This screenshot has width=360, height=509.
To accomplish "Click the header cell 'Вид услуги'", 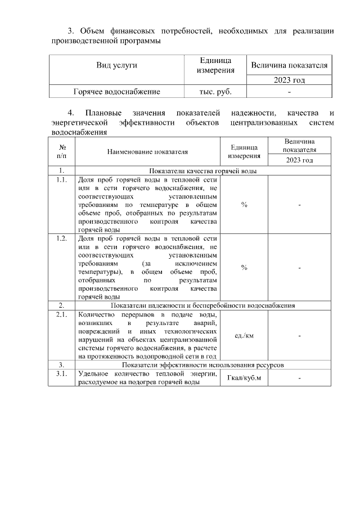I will pyautogui.click(x=117, y=65).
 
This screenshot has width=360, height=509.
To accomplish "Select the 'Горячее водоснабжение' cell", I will pyautogui.click(x=117, y=91).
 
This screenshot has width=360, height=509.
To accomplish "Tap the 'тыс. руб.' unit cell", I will pyautogui.click(x=215, y=91).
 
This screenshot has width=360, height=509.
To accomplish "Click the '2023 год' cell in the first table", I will pyautogui.click(x=289, y=80).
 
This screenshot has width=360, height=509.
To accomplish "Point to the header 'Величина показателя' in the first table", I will pyautogui.click(x=289, y=65).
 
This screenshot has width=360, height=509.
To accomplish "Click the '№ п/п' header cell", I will pyautogui.click(x=62, y=151).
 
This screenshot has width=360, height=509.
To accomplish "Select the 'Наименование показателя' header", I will pyautogui.click(x=148, y=151).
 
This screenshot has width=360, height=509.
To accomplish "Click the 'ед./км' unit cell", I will pyautogui.click(x=244, y=336).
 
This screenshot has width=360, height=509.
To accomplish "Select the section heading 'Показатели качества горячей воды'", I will pyautogui.click(x=203, y=170).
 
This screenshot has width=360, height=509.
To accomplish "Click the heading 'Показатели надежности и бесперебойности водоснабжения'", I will pyautogui.click(x=203, y=305).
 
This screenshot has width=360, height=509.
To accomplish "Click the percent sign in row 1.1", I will pyautogui.click(x=244, y=205).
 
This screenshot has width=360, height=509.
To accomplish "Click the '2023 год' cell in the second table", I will pyautogui.click(x=299, y=160).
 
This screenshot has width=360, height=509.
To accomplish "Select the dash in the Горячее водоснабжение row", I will pyautogui.click(x=289, y=91).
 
